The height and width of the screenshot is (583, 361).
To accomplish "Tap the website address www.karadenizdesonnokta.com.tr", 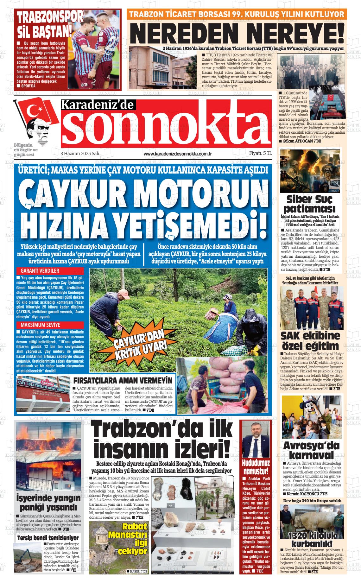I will pyautogui.click(x=177, y=154).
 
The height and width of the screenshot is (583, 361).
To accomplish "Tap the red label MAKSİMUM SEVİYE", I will pyautogui.click(x=40, y=325).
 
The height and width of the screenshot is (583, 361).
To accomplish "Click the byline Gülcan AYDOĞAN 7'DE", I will pyautogui.click(x=300, y=141).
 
